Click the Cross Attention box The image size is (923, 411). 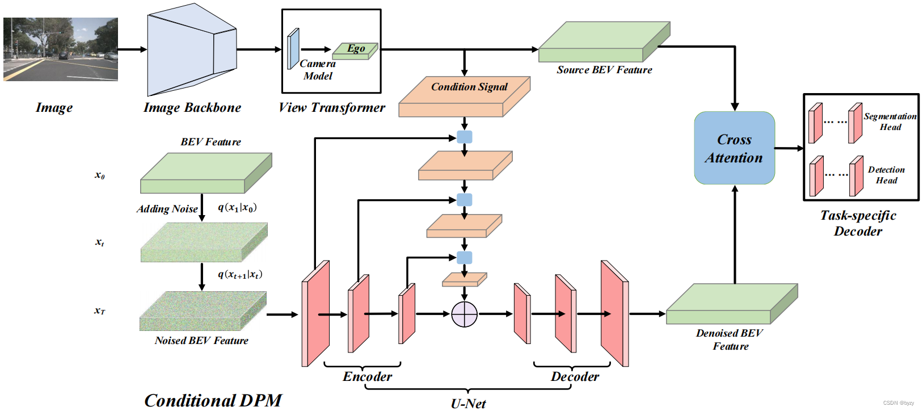tap(734, 148)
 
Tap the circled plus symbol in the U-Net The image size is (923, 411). tap(464, 314)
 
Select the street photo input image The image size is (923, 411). tap(61, 49)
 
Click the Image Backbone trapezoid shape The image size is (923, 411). tap(191, 54)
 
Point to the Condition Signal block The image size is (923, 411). tap(464, 97)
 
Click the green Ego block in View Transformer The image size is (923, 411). tap(355, 51)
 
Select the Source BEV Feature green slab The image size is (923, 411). tap(604, 42)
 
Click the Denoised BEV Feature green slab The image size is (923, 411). tap(731, 305)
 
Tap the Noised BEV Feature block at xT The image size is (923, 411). tap(203, 311)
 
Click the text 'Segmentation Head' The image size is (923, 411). tap(890, 121)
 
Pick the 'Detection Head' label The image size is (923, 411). tap(886, 175)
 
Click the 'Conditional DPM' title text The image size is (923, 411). tap(213, 400)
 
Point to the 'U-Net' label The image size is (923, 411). tap(468, 404)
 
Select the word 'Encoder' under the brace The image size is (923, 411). tap(367, 376)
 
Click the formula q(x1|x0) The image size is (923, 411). tap(237, 208)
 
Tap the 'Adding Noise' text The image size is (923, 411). tap(167, 209)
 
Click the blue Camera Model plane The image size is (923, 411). tap(293, 49)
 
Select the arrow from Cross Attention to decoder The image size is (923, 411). tap(789, 148)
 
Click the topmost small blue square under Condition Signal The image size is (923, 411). tap(464, 137)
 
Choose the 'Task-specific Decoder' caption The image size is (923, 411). tap(858, 223)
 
